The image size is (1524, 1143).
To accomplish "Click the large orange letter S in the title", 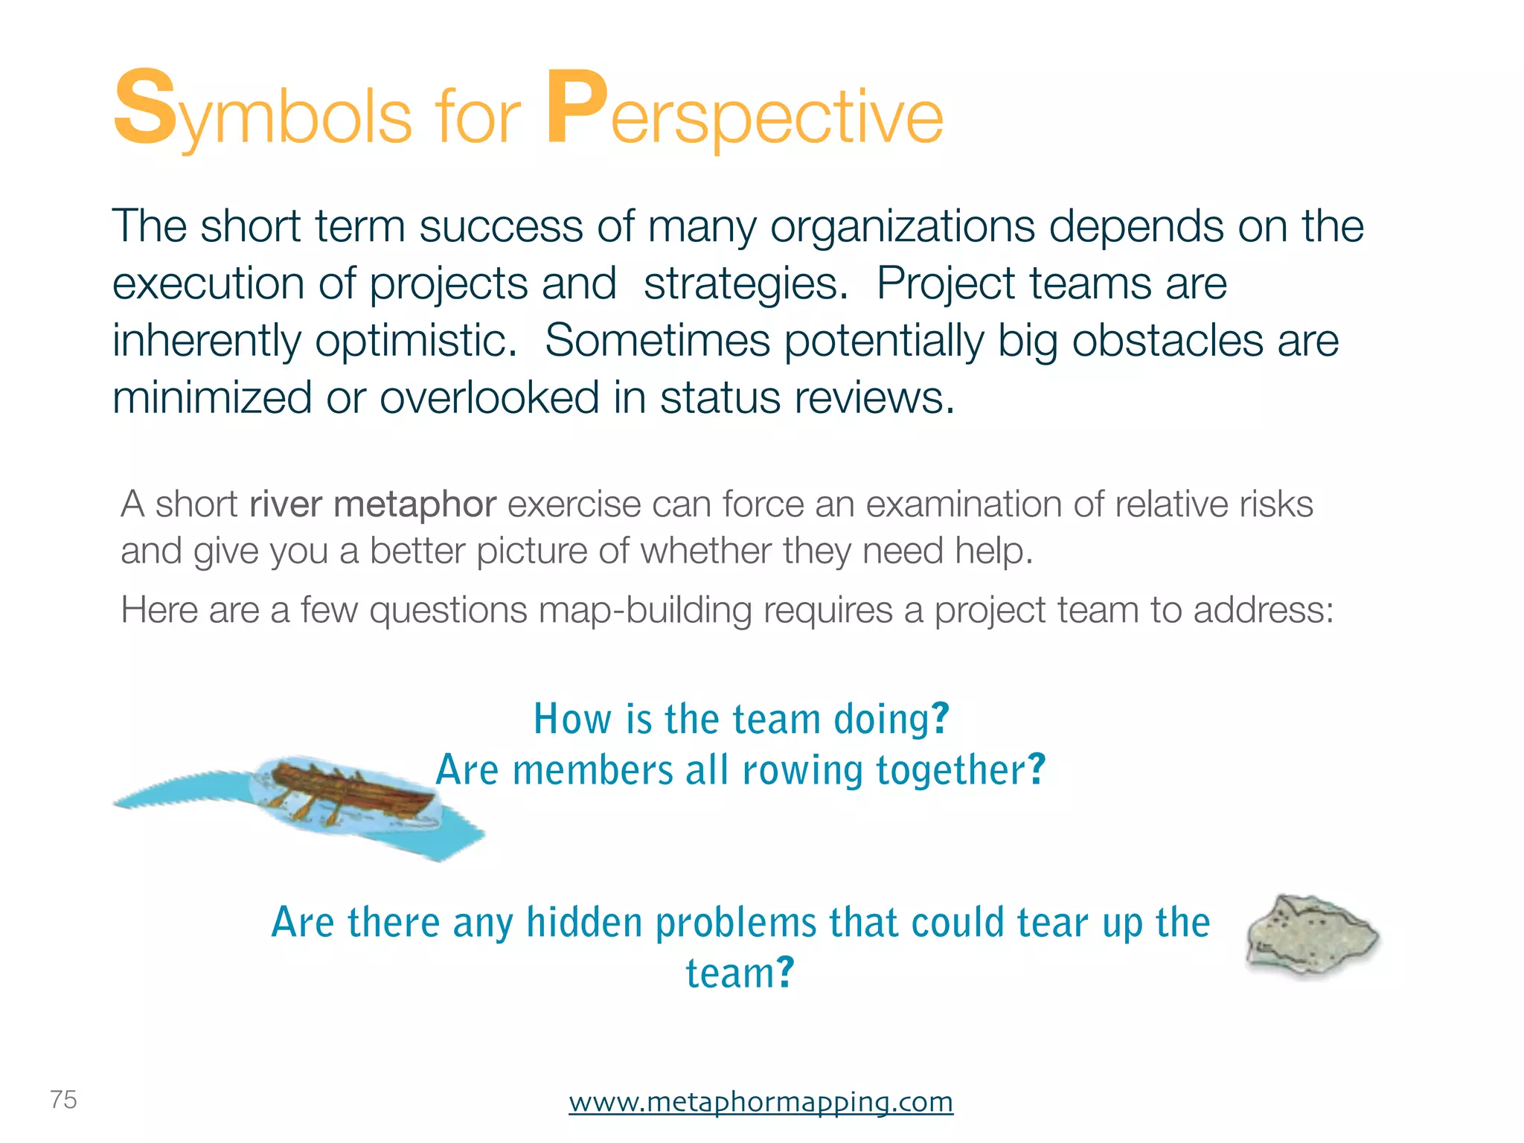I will click(145, 108).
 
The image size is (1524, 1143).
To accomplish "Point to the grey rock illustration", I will click(1311, 935).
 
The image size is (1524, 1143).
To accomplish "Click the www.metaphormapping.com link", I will click(761, 1101).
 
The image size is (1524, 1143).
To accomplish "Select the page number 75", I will click(63, 1099).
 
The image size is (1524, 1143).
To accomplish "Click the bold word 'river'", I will click(286, 505).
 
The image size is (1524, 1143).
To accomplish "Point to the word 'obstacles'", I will click(1168, 341).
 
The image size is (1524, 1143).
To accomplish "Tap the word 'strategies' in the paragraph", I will click(743, 285).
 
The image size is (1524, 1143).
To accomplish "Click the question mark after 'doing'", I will click(941, 718).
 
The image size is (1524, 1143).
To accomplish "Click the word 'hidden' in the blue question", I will click(584, 923).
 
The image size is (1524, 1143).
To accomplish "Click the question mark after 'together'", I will click(1037, 769).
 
